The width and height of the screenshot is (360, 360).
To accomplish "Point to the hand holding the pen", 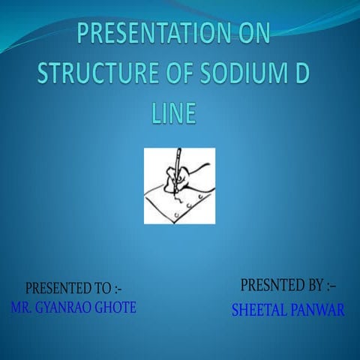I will coord(184,180).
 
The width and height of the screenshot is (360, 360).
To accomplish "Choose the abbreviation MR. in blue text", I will coord(22,307).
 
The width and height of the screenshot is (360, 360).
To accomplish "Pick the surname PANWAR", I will coord(317,310).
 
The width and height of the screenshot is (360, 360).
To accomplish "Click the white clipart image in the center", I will coord(179,185).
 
